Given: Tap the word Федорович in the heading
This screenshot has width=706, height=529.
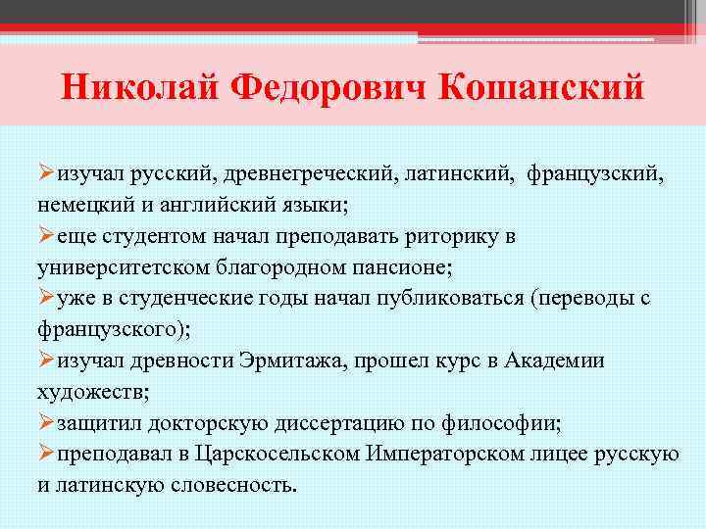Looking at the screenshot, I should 328,86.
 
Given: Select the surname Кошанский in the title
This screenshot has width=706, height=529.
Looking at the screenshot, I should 543,86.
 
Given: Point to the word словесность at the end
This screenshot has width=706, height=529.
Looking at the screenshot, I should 239,484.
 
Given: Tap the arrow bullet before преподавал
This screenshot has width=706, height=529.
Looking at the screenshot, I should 46,454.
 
